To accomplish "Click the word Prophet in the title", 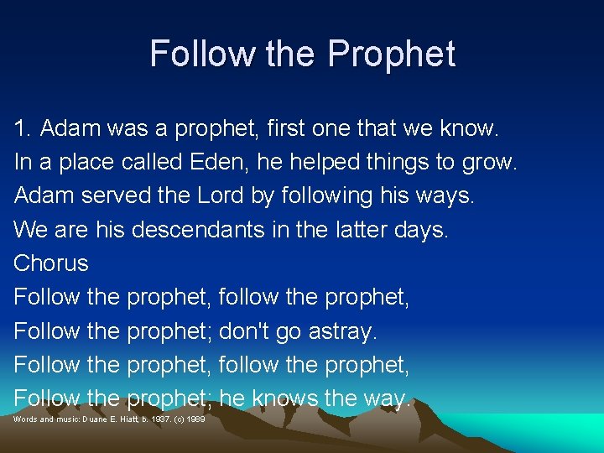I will point(391,54).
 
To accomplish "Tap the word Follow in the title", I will point(202,54).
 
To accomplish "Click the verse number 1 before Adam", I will point(21,129).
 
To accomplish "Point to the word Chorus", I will point(51,263).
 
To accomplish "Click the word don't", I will point(243,331).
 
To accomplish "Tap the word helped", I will point(323,163).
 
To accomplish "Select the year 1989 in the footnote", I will point(196,418).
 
